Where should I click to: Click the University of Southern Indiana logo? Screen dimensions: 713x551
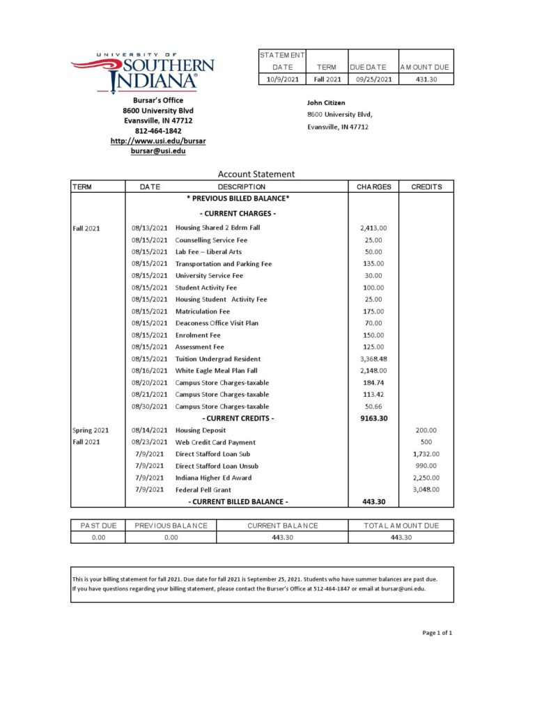pos(143,72)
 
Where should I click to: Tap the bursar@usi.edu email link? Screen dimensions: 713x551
pos(158,151)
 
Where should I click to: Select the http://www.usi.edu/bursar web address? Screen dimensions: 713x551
pos(158,141)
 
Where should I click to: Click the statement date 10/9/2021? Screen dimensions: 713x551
pos(283,79)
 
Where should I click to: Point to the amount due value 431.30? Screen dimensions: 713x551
pos(426,79)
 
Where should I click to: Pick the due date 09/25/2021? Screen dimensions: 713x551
pos(373,79)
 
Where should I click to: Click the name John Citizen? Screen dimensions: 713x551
pos(326,103)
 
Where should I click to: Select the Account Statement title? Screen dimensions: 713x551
pos(256,174)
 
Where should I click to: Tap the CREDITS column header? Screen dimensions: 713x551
pos(426,187)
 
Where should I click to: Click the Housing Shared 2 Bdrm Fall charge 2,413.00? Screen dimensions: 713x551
pos(373,228)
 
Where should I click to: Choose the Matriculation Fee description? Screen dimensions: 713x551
pos(202,311)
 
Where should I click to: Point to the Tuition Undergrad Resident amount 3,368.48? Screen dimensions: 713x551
pos(373,359)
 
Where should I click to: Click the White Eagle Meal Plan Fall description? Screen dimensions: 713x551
pos(216,370)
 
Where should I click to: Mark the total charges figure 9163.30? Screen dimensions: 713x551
pos(373,418)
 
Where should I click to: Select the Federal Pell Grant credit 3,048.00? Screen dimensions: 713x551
pos(426,489)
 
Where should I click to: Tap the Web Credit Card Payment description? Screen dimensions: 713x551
pos(215,442)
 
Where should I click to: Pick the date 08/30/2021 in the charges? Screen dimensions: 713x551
pos(150,407)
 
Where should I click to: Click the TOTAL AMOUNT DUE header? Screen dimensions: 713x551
pos(401,526)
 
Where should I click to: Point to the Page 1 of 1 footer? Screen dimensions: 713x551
pos(437,633)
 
